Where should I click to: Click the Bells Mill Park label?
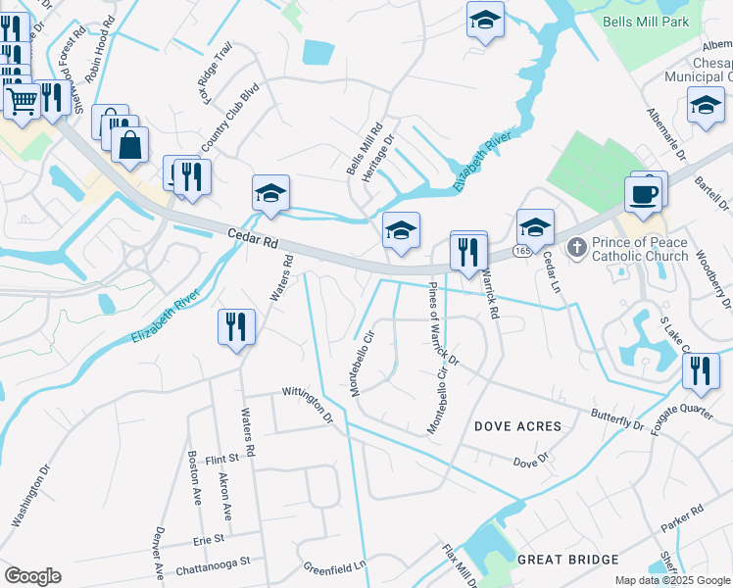coord(646,22)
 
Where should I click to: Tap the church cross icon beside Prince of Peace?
coord(577,248)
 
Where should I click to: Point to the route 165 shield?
coord(520,252)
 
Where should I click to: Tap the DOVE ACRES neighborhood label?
coord(517,426)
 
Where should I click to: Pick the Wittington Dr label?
coord(309,404)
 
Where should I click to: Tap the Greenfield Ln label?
coord(334,566)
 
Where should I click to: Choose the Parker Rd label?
coord(682,518)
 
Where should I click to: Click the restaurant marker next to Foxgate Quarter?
coord(701,370)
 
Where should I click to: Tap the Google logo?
coord(32,576)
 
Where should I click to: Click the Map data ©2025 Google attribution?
coord(671,580)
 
